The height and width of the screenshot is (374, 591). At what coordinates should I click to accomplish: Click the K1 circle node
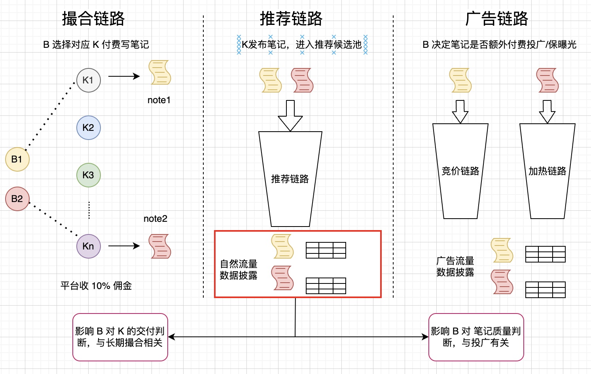point(88,80)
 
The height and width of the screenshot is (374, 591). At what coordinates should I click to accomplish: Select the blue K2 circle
point(88,128)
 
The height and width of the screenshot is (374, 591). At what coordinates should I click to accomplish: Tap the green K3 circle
point(88,175)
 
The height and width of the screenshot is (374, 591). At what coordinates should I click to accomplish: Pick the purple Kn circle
point(88,246)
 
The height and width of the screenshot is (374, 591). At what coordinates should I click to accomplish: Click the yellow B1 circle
point(17,159)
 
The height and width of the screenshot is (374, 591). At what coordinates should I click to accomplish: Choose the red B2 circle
point(17,199)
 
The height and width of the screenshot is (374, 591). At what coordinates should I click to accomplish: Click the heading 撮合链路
point(93,19)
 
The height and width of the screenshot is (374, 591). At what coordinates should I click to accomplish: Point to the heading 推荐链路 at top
point(291,19)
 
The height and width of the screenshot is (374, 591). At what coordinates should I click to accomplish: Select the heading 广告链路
point(497,19)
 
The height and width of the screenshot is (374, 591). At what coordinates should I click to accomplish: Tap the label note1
point(159,100)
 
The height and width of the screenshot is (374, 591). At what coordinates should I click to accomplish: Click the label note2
point(155,219)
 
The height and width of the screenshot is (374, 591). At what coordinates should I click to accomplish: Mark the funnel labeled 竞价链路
point(460,171)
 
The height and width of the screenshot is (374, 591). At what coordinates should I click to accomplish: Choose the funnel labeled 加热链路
point(547,171)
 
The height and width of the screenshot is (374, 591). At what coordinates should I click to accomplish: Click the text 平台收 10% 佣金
point(96,286)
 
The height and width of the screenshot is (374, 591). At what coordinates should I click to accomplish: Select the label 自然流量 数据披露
point(239,270)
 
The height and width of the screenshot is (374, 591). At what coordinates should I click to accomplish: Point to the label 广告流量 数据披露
point(455,266)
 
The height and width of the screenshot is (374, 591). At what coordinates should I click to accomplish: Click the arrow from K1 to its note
point(124,76)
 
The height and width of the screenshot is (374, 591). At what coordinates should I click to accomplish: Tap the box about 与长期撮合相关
point(120,337)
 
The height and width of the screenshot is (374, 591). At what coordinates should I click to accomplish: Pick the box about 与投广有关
point(476,337)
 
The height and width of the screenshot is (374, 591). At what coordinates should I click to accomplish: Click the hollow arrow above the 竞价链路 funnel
point(460,111)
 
